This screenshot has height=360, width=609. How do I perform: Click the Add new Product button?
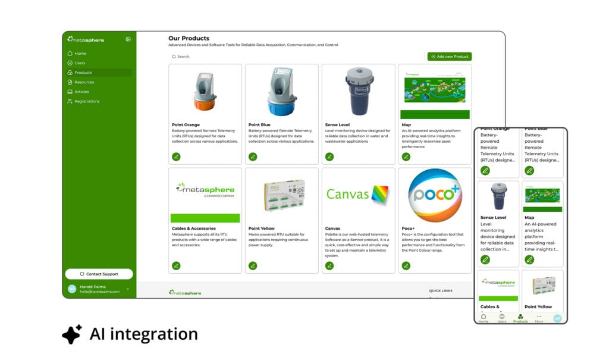point(449,57)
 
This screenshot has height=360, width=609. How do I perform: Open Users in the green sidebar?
point(80,63)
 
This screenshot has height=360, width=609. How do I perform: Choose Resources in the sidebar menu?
point(84,82)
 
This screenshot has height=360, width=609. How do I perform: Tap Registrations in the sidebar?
point(87,101)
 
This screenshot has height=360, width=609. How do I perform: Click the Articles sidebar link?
point(81,92)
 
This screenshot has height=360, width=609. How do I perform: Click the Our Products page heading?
point(189,38)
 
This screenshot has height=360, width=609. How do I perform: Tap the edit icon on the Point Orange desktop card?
point(176,156)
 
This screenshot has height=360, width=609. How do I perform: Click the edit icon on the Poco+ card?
point(406,265)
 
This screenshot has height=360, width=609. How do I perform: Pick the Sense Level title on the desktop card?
point(338,125)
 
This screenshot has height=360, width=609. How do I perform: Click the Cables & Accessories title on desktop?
point(194,228)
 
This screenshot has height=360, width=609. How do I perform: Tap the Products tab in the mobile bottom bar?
point(520,318)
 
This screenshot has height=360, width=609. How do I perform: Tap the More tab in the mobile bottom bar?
point(539,318)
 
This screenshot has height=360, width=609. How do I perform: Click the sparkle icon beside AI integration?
point(71,334)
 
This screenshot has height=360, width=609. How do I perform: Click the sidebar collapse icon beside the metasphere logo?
point(128,39)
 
